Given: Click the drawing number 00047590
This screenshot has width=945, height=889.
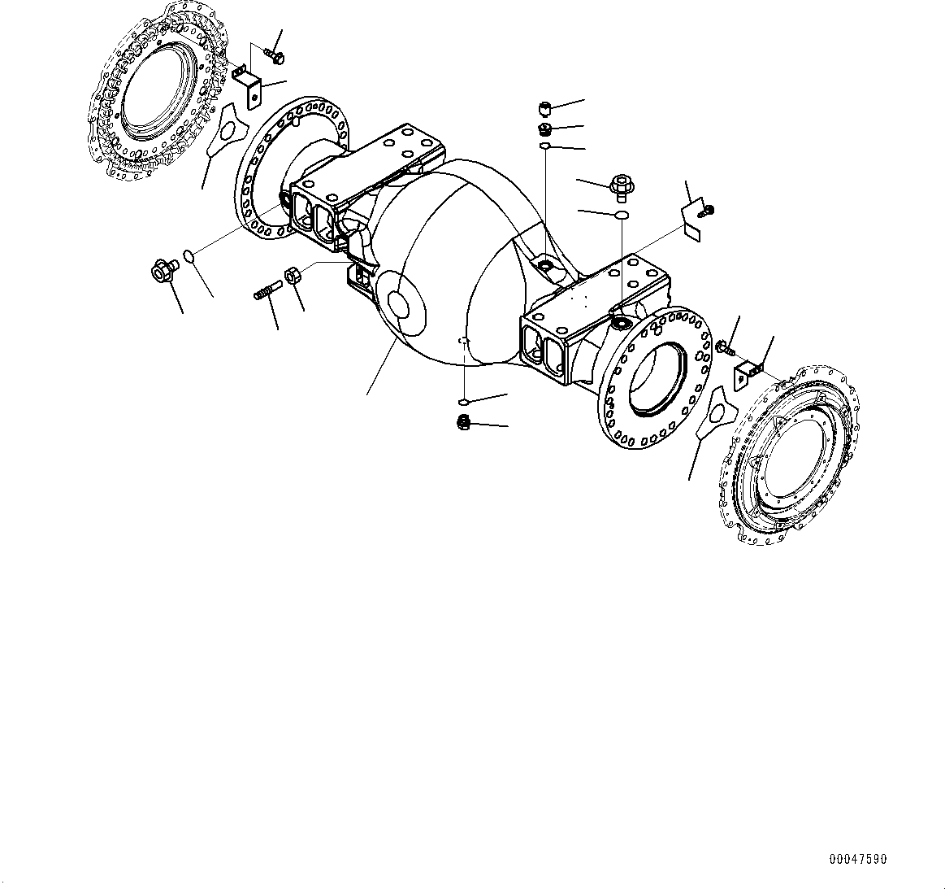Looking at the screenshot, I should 858,859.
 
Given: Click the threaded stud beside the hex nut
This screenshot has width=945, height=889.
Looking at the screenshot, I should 267,290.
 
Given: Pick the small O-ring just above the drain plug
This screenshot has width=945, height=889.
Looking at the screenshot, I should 462,402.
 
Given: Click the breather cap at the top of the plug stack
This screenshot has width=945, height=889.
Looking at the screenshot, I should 546,109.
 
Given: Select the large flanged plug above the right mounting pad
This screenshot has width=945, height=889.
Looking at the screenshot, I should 621,186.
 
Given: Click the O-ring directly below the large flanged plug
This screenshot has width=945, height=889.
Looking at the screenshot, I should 621,216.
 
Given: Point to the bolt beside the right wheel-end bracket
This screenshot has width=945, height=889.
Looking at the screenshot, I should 725,348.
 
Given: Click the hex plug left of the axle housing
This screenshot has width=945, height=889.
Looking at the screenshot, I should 162,270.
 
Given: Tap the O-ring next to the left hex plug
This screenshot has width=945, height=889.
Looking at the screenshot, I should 189,257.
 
